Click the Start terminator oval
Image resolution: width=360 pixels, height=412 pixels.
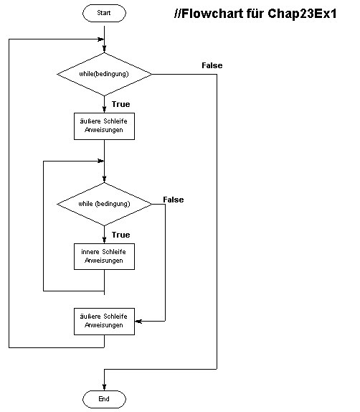coord(104,13)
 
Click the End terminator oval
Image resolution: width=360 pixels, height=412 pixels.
coord(104,399)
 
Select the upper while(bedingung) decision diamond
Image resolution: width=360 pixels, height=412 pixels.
coord(104,75)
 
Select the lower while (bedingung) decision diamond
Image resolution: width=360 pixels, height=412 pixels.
coord(104,204)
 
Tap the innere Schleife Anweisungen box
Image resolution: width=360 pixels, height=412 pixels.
coord(104,256)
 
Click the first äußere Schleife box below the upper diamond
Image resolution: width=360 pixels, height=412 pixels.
coord(104,126)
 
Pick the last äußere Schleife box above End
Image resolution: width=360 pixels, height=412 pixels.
coord(104,322)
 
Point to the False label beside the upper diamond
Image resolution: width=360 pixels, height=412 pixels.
coord(212,65)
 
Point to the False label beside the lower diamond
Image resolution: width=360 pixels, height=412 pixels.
coord(174,200)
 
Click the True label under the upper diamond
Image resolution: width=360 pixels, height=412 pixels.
coord(120,104)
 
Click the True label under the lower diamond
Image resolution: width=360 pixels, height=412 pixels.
coord(120,235)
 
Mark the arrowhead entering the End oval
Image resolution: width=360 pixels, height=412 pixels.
coord(104,388)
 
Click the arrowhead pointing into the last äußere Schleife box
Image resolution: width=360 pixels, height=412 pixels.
coord(138,321)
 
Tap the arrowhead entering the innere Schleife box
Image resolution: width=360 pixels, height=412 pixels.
coord(104,240)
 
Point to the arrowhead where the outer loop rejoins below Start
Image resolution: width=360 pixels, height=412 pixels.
coord(101,39)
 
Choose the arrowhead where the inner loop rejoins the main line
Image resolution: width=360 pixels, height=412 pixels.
coord(101,161)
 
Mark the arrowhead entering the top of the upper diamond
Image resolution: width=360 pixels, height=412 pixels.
coord(104,49)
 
